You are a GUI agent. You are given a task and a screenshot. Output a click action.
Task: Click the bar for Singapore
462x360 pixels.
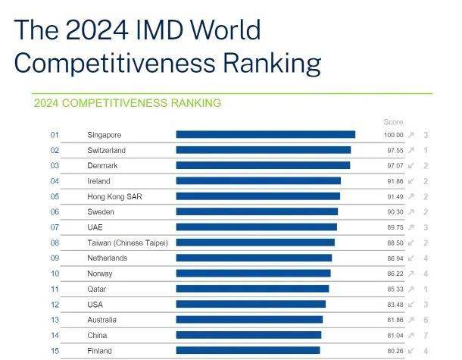(265, 135)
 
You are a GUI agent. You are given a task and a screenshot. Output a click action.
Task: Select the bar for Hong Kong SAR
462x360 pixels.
(258, 196)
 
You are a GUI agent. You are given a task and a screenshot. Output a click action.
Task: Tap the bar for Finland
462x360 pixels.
(248, 351)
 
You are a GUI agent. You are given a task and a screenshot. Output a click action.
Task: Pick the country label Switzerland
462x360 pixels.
(106, 150)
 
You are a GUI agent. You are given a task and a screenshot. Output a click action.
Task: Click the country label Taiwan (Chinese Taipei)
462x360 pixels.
(127, 243)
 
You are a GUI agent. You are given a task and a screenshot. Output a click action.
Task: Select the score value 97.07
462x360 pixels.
(393, 165)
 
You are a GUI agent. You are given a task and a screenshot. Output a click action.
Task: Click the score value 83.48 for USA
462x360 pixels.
(393, 305)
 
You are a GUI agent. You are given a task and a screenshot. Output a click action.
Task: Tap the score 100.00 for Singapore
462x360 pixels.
(393, 135)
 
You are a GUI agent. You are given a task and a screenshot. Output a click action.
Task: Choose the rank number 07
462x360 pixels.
(55, 227)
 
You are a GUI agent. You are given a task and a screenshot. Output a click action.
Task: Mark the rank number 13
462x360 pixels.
(55, 320)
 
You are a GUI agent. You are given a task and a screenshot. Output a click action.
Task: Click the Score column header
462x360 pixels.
(393, 122)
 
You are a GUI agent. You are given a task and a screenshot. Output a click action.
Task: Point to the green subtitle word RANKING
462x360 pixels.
(194, 103)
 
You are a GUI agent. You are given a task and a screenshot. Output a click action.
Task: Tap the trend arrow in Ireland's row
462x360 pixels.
(411, 181)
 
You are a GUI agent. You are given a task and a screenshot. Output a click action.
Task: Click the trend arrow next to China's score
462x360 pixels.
(411, 335)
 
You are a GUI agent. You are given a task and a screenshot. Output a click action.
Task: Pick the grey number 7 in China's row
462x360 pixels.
(426, 335)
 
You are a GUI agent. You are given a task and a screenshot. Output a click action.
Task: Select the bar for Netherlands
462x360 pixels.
(254, 258)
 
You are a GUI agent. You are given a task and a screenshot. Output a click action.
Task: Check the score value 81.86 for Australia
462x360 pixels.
(393, 320)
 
